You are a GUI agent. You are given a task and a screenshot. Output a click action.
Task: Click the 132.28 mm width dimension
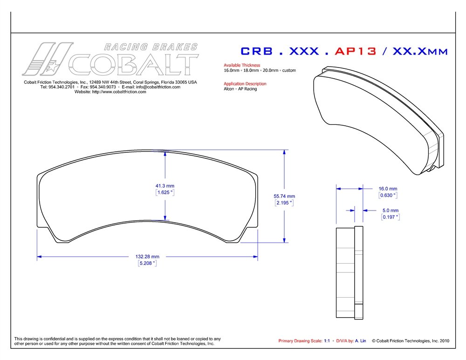[x=147, y=257]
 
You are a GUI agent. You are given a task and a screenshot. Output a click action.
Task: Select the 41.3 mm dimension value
[x=164, y=186]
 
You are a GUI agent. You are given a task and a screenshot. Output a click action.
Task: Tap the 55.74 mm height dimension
[x=284, y=196]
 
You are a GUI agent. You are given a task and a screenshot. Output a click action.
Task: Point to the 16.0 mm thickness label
[x=388, y=189]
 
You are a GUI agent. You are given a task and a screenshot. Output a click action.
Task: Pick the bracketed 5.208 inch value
[x=147, y=264]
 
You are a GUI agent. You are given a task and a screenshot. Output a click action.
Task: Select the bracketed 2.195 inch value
[x=284, y=203]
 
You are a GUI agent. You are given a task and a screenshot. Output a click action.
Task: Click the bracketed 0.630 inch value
[x=388, y=196]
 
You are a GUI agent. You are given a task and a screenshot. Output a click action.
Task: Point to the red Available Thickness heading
[x=242, y=65]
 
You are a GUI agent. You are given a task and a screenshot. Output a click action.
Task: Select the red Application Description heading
[x=245, y=84]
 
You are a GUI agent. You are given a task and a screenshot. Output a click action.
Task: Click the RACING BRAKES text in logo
[x=150, y=47]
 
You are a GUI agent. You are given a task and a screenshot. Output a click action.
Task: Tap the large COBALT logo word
[x=134, y=65]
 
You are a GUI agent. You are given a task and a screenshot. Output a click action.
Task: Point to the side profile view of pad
[x=349, y=272]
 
